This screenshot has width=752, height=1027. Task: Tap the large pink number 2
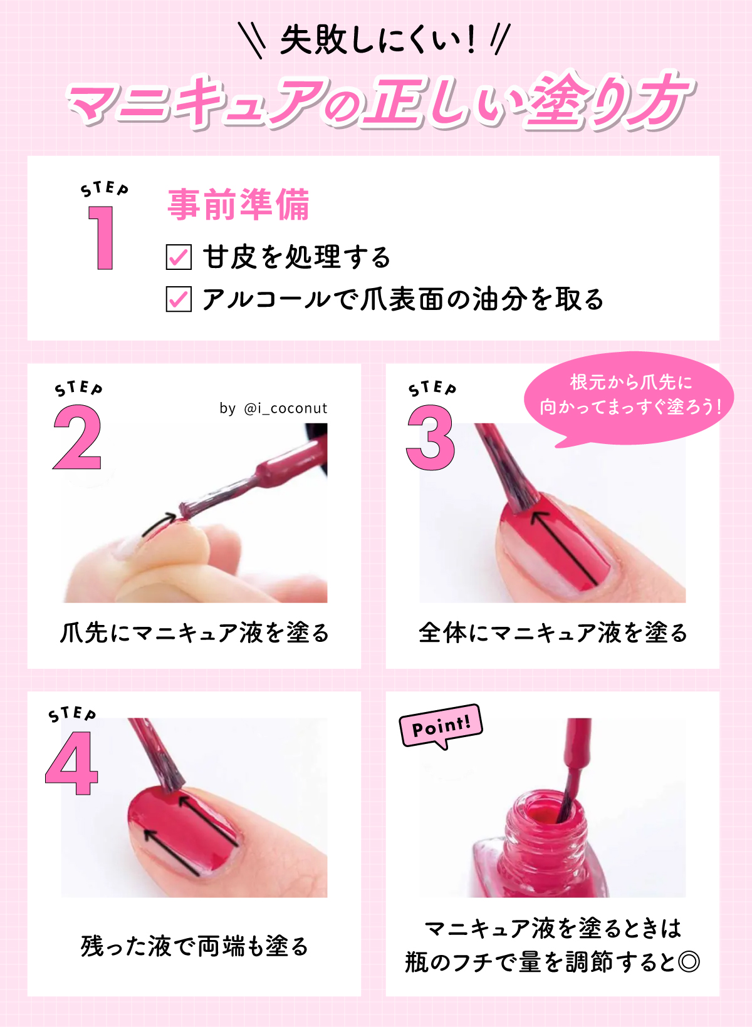pyautogui.click(x=77, y=437)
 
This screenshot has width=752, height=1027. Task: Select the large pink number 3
pyautogui.click(x=431, y=437)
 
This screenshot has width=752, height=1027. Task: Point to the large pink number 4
pyautogui.click(x=72, y=764)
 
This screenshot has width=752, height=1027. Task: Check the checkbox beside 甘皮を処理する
pyautogui.click(x=179, y=257)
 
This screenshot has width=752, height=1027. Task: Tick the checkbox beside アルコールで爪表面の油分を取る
pyautogui.click(x=179, y=299)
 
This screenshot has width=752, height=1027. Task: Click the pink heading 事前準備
pyautogui.click(x=239, y=205)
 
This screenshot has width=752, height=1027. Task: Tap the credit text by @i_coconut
pyautogui.click(x=273, y=408)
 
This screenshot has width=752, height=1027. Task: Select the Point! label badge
pyautogui.click(x=441, y=726)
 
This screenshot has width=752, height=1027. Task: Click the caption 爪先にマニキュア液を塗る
pyautogui.click(x=194, y=633)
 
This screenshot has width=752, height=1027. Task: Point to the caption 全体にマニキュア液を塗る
pyautogui.click(x=553, y=633)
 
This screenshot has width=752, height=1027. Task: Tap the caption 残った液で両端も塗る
pyautogui.click(x=194, y=946)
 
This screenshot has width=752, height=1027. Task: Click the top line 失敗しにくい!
pyautogui.click(x=376, y=41)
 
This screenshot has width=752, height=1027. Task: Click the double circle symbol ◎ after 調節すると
pyautogui.click(x=689, y=961)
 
